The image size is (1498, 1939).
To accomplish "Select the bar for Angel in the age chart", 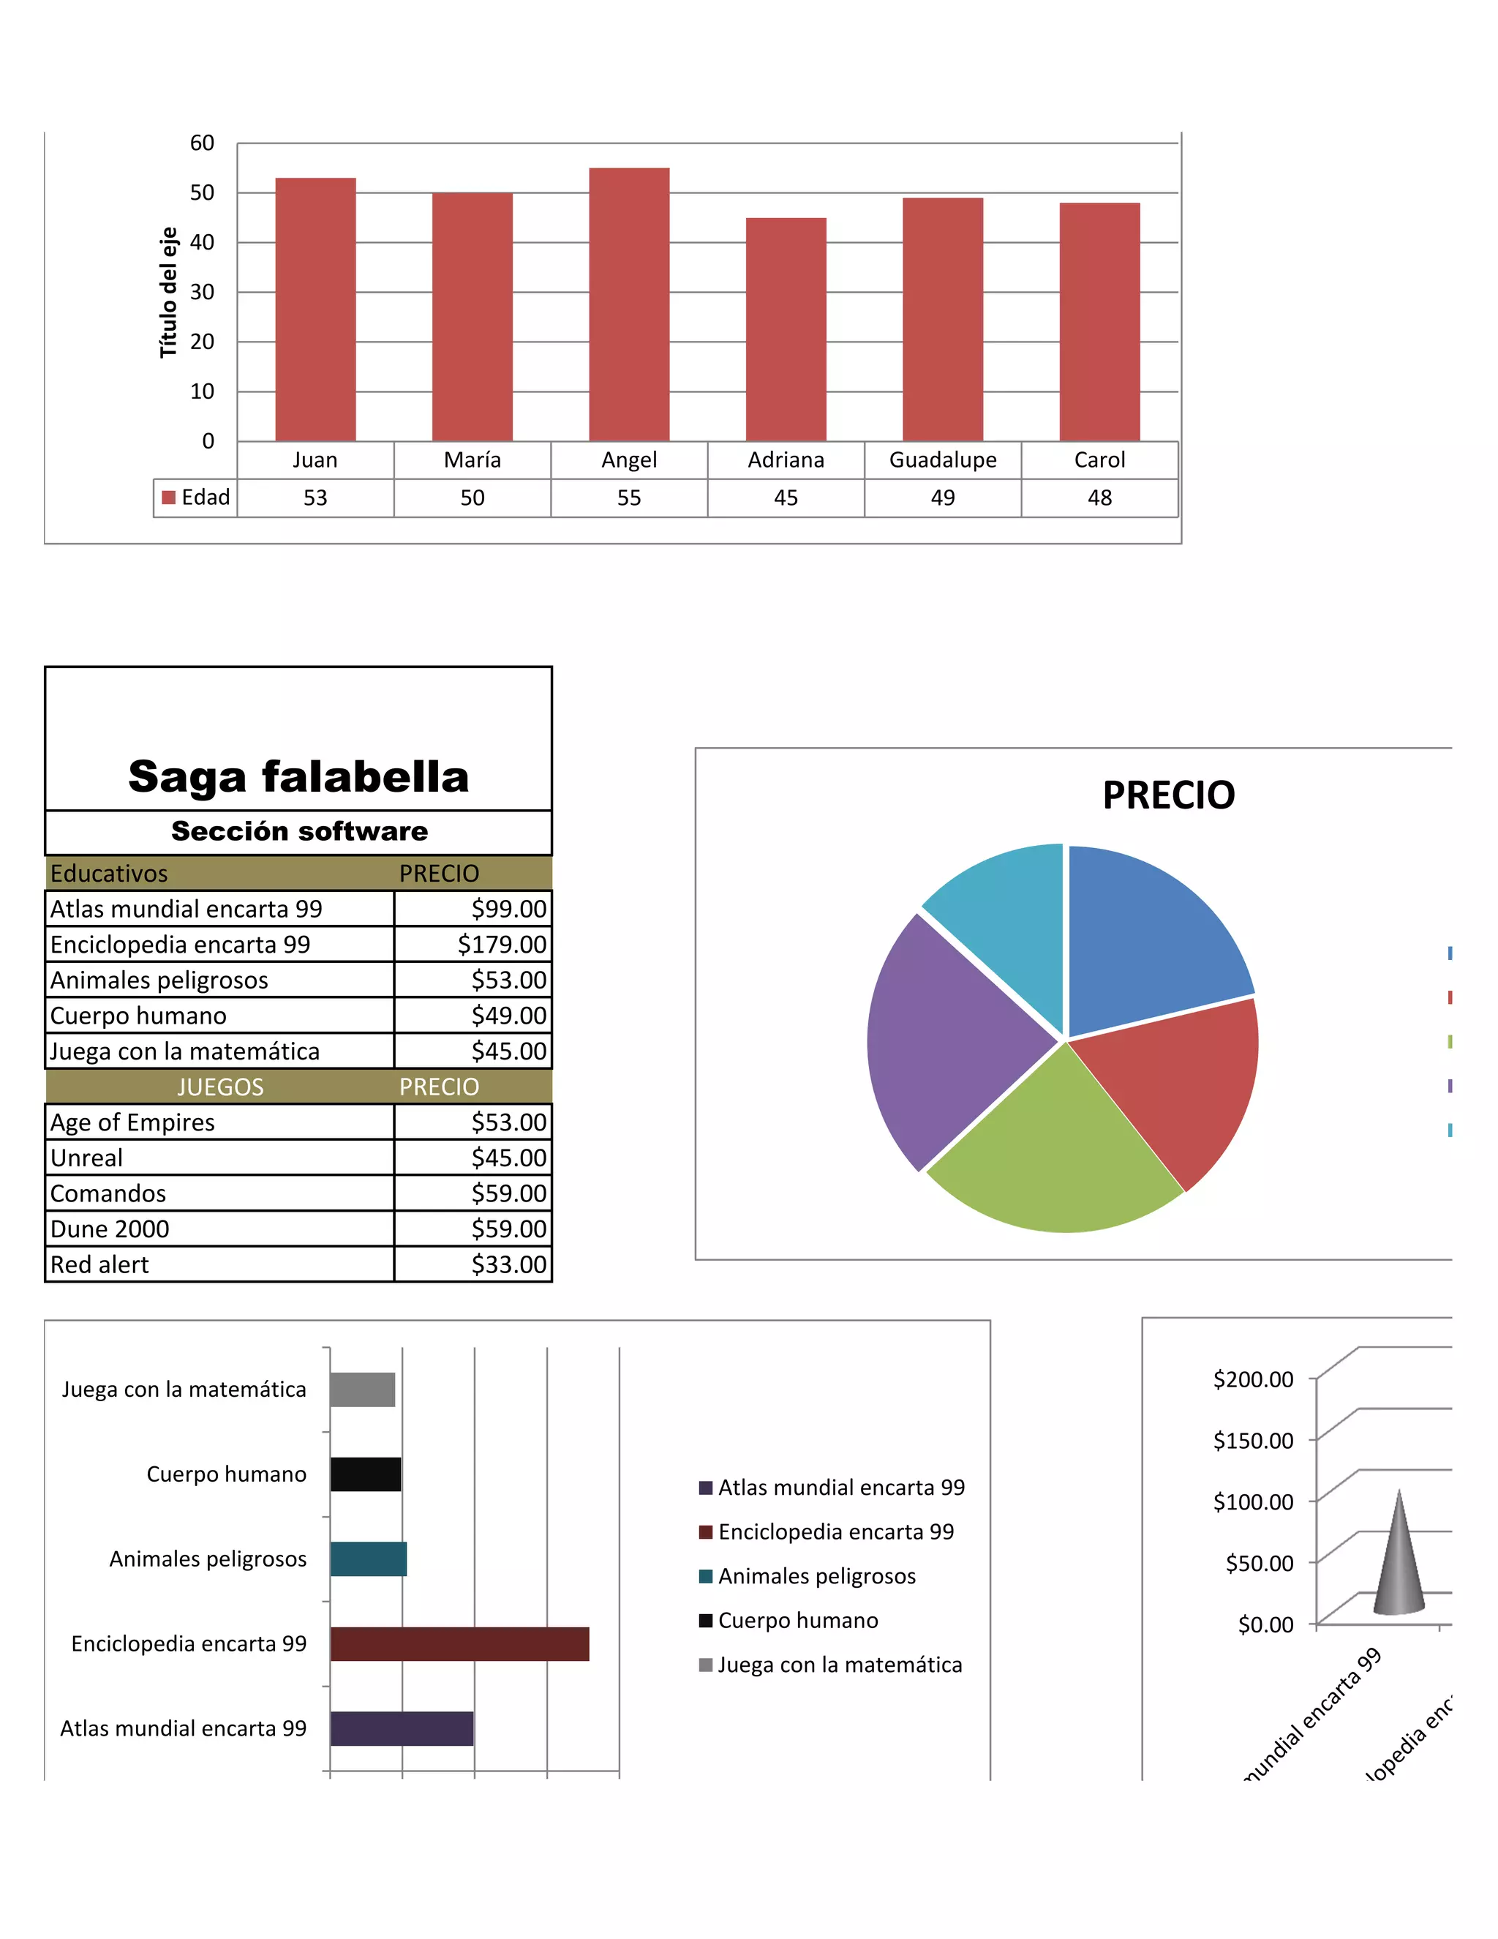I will [x=629, y=304].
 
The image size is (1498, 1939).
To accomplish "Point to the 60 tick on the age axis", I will [x=203, y=143].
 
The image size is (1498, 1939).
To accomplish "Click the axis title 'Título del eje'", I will [x=168, y=292].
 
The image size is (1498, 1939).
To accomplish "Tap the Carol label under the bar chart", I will [x=1099, y=460].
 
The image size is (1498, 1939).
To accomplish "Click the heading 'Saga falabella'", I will [x=298, y=777].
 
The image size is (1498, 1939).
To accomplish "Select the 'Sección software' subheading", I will [x=299, y=831].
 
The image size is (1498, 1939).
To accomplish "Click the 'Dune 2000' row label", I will [x=110, y=1229].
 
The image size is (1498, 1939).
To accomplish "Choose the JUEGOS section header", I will [x=220, y=1087].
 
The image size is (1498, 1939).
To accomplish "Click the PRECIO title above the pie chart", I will [x=1168, y=795].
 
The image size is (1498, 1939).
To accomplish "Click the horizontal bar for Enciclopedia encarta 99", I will [x=459, y=1643].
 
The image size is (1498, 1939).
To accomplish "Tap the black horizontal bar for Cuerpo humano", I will [x=366, y=1474].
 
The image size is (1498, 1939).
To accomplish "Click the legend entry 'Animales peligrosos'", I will [x=816, y=1576].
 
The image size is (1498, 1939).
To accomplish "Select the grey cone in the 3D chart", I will [x=1399, y=1563].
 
